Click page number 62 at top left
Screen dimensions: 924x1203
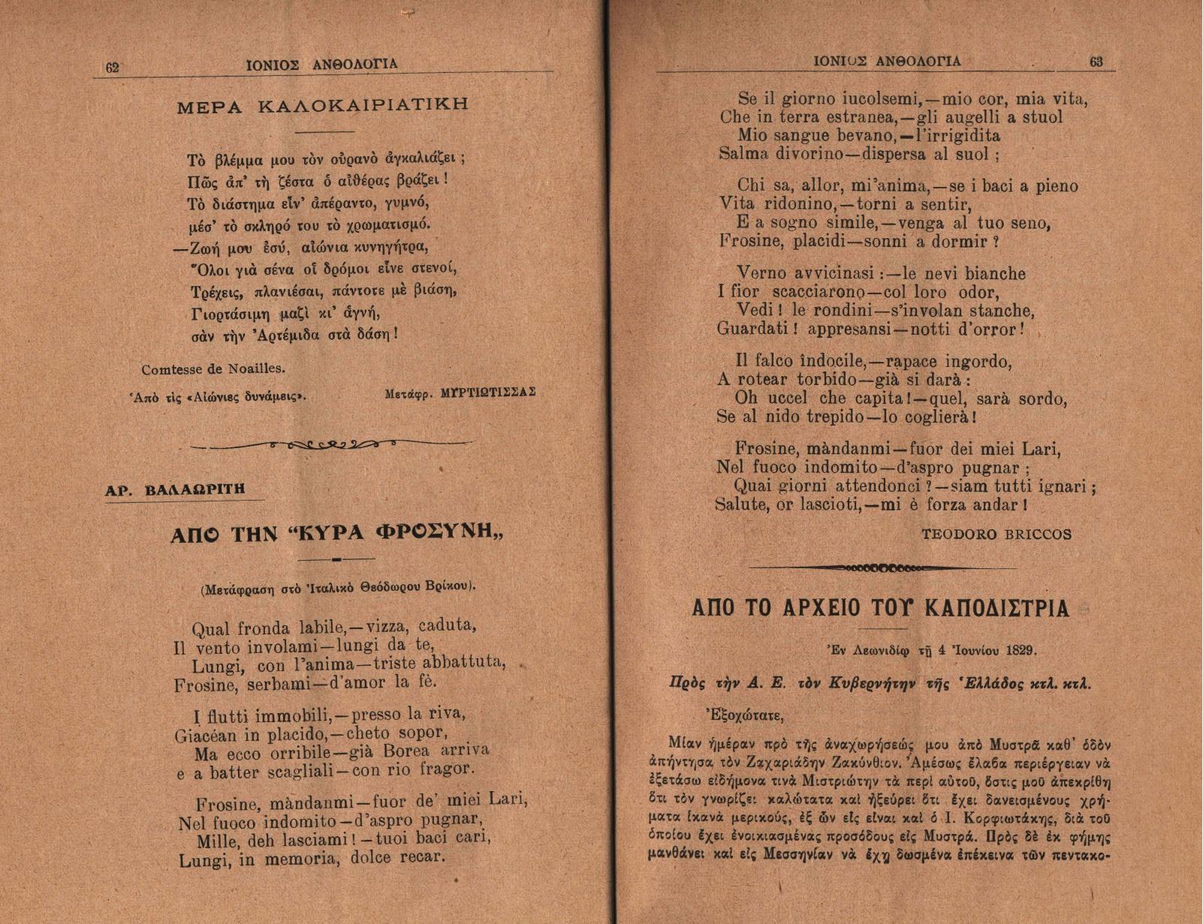[113, 67]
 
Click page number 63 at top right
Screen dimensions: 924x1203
[1096, 62]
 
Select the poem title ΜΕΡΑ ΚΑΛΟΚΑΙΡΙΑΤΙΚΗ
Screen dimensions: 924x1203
[323, 105]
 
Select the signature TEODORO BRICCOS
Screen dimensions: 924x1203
[996, 534]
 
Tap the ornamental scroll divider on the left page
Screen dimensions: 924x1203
[331, 444]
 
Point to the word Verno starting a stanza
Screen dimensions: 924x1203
[762, 274]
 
